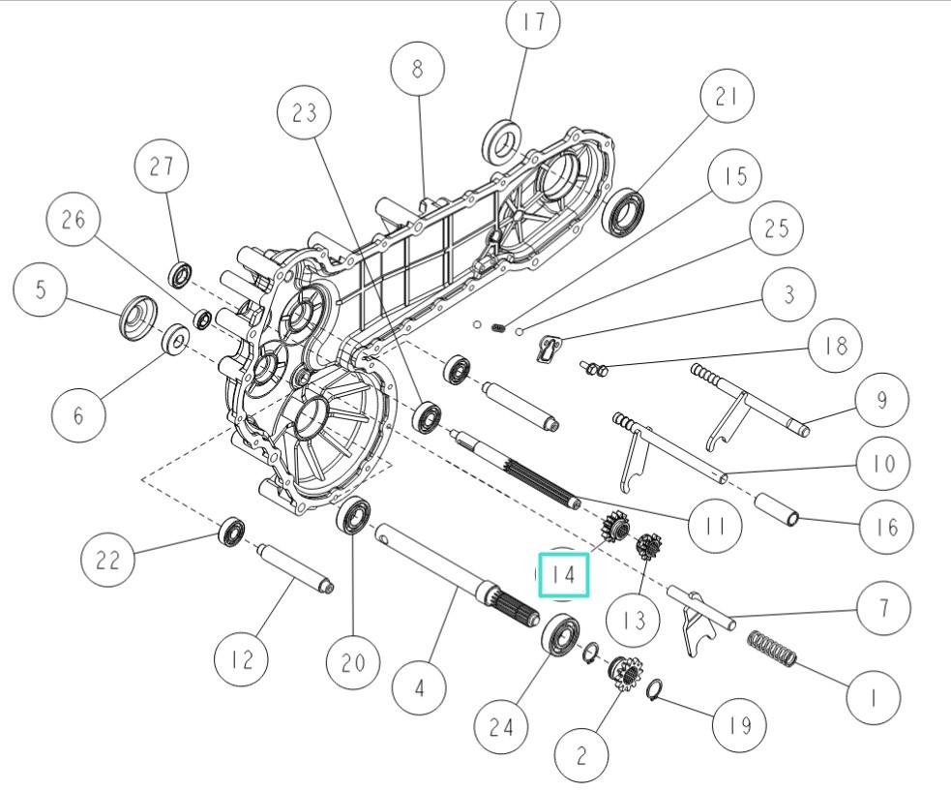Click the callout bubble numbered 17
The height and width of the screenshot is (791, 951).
coord(534,22)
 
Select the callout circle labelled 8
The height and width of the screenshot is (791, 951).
coord(417,69)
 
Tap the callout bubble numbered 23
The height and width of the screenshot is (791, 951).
coord(305,113)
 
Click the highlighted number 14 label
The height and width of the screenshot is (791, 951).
coord(563,575)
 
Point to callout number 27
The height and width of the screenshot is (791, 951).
coord(162,167)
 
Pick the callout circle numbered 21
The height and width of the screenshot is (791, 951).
coord(727,97)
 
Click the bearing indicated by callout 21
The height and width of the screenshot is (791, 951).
coord(623,211)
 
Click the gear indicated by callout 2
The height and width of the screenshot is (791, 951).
coord(623,673)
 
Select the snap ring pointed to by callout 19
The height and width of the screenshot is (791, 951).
coord(654,689)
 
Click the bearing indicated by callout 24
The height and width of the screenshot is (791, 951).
coord(560,635)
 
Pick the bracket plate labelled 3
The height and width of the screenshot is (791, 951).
coord(549,350)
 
